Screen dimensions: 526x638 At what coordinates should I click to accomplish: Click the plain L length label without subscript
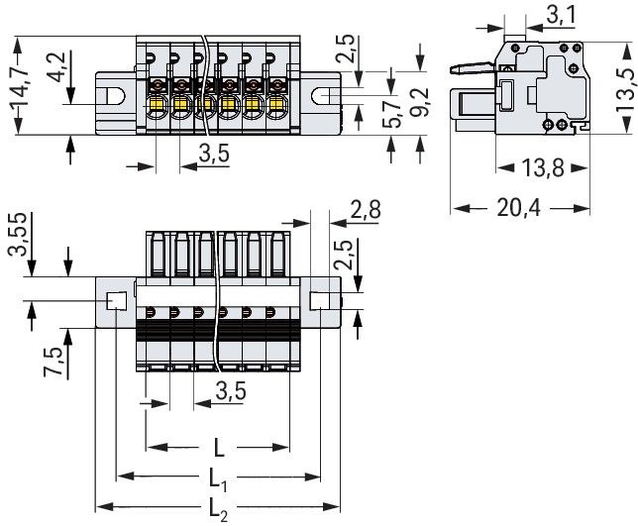pyautogui.click(x=218, y=447)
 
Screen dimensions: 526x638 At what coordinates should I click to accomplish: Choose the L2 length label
pyautogui.click(x=219, y=510)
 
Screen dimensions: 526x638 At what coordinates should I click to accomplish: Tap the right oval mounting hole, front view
pyautogui.click(x=323, y=96)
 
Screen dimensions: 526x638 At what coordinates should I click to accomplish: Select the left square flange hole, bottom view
pyautogui.click(x=116, y=301)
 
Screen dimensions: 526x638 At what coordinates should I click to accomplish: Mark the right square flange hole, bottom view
pyautogui.click(x=321, y=301)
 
